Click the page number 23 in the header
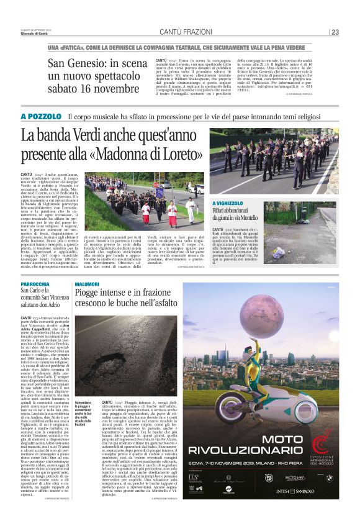336,32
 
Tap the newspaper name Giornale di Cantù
36,35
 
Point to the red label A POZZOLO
41,116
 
